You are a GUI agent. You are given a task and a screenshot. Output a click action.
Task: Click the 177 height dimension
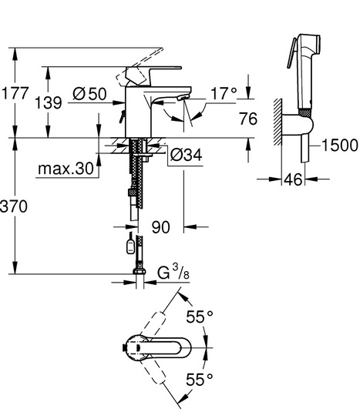[15, 93]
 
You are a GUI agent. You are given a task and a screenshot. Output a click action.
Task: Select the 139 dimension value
[49, 102]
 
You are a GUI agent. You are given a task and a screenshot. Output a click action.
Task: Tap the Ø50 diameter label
[89, 94]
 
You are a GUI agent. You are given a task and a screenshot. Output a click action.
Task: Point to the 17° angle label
[224, 93]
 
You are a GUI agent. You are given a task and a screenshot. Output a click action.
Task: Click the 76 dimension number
[248, 119]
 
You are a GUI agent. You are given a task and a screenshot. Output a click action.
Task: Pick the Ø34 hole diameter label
[187, 155]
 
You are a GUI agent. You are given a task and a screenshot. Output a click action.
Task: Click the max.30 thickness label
[66, 169]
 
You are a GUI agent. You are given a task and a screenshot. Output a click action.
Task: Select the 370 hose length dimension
[14, 206]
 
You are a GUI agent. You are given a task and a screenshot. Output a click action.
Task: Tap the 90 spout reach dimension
[160, 227]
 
